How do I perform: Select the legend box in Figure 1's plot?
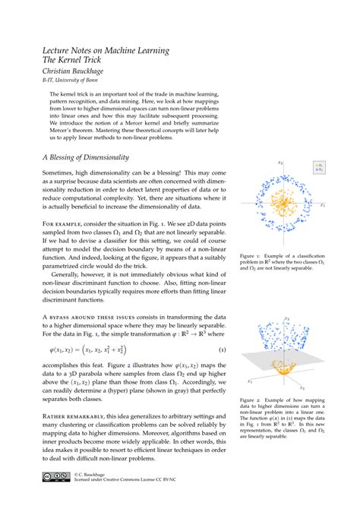click(x=320, y=166)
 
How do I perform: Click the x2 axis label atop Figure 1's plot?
click(x=280, y=163)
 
